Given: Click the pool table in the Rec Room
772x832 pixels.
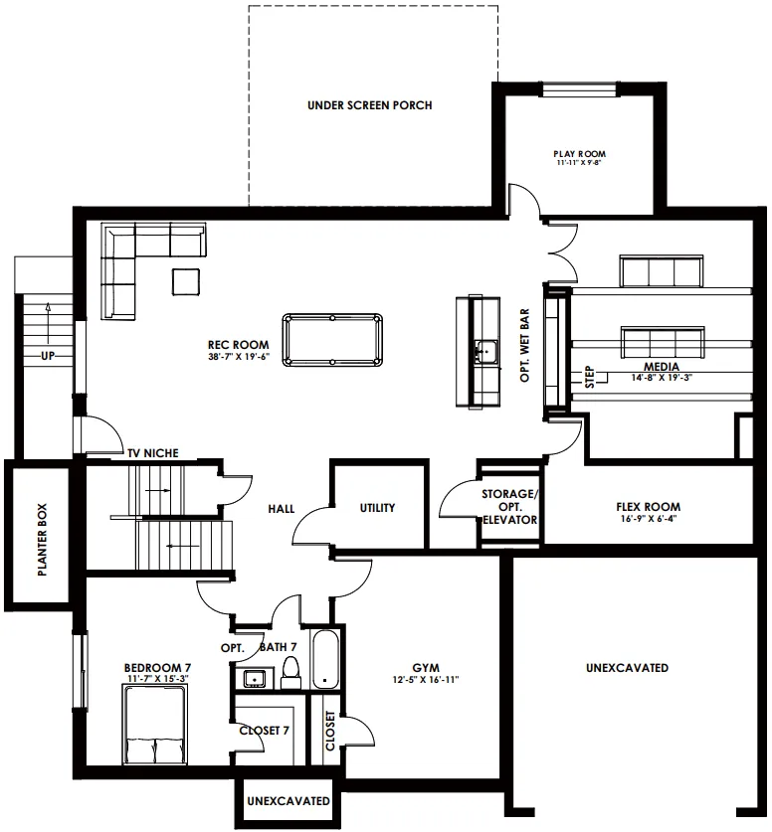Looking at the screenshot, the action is click(x=332, y=340).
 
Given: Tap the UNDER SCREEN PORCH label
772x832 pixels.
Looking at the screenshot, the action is click(x=369, y=105).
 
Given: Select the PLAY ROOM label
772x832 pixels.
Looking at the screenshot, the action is click(x=579, y=154).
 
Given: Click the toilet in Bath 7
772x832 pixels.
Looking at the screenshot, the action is click(x=290, y=672).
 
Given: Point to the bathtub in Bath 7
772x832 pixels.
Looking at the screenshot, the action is click(x=325, y=659).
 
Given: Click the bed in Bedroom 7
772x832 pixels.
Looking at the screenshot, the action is click(x=155, y=725).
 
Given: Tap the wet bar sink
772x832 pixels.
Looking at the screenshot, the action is click(x=485, y=351).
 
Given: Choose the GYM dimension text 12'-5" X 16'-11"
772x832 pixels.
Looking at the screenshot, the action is click(x=425, y=679).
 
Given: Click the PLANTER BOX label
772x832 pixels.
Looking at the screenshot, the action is click(x=43, y=540).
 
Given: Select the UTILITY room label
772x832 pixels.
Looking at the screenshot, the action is click(x=377, y=508).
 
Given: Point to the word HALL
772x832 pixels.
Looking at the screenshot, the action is click(x=281, y=509).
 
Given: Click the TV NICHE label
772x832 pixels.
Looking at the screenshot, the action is click(x=153, y=453).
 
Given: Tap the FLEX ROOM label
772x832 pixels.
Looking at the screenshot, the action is click(x=649, y=507).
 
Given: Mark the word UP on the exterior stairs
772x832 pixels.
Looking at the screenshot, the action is click(x=48, y=356).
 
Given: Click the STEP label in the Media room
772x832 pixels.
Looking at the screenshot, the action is click(x=589, y=377).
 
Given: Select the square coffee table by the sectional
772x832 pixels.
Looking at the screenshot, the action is click(x=186, y=281).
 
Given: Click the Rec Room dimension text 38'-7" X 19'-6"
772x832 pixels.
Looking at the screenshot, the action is click(x=239, y=357).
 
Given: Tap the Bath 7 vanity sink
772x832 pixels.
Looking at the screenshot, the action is click(x=255, y=678).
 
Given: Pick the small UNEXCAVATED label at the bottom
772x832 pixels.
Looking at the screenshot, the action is click(x=289, y=801).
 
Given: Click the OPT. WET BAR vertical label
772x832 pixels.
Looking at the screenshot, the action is click(x=524, y=345).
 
